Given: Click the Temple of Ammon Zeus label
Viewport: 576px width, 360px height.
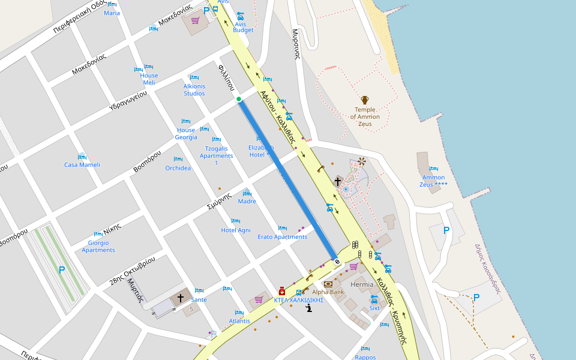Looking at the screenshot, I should click(364, 117).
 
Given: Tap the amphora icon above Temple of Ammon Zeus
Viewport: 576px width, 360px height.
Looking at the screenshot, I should click(364, 100).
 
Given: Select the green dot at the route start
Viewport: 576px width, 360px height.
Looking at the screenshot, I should click(239, 99).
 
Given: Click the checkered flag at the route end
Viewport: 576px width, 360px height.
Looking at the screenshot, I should click(337, 261).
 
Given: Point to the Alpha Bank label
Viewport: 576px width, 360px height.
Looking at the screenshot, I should click(328, 292).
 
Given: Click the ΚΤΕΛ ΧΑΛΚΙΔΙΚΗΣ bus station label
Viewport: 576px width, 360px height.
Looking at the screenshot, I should click(299, 300).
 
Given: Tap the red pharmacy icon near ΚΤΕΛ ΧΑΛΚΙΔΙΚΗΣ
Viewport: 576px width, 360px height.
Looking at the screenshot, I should click(281, 291).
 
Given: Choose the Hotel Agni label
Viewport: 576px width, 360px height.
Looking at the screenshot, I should click(236, 230).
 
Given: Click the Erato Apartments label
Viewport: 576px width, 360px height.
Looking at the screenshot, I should click(283, 237).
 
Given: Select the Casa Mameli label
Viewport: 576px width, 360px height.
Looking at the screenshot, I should click(82, 165).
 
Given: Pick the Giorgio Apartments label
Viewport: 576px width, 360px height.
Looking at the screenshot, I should click(98, 246).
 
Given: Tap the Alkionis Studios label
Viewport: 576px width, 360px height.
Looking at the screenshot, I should click(194, 90).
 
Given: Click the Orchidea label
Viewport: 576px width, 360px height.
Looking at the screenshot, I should click(178, 168).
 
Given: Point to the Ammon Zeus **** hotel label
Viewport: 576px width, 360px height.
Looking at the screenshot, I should click(434, 181).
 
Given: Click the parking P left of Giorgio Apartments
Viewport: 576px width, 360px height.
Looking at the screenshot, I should click(62, 270).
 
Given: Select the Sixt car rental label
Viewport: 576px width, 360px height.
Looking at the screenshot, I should click(374, 308).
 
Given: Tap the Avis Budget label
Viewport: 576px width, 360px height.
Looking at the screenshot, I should click(243, 26).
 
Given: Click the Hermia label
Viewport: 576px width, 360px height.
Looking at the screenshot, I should click(362, 284).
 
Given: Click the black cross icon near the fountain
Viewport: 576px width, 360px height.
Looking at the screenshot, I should click(338, 181).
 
